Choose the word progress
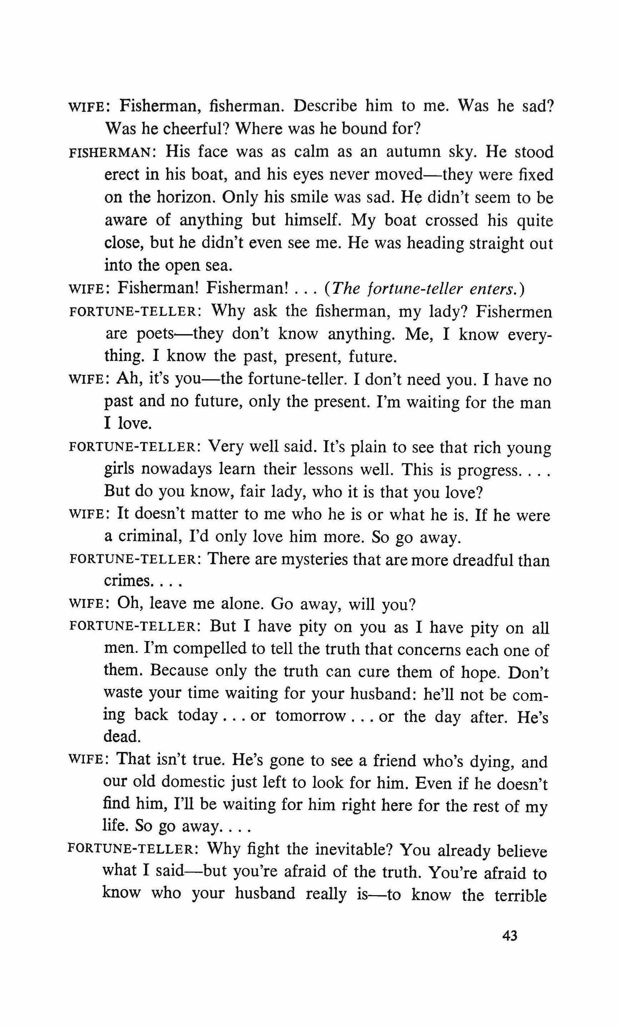pos(489,470)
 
